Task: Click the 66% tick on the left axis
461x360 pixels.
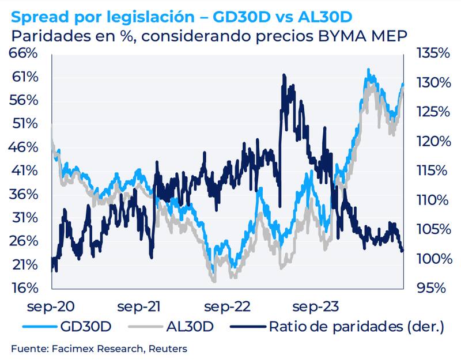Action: click(x=26, y=54)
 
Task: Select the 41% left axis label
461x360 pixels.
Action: click(x=26, y=170)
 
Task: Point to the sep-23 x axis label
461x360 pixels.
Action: click(x=314, y=305)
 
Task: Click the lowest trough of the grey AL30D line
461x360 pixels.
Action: click(x=214, y=281)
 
